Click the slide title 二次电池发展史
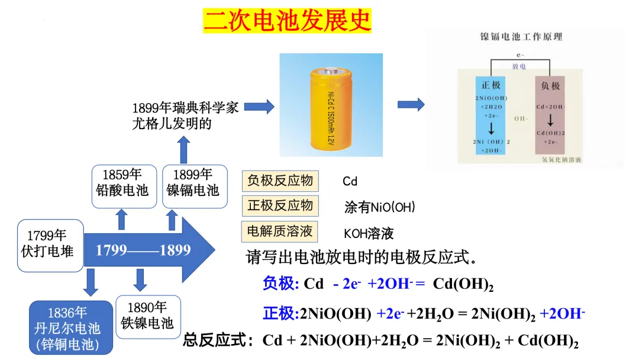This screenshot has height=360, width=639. [287, 21]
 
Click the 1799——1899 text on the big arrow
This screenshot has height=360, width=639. [144, 250]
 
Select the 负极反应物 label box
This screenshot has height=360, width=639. [280, 181]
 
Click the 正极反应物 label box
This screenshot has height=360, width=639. [280, 205]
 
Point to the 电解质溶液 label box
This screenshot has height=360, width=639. [280, 231]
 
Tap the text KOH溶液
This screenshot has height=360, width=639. [369, 233]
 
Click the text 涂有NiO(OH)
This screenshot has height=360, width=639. [380, 207]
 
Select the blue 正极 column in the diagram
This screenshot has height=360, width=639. [491, 115]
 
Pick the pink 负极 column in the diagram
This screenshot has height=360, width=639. [550, 115]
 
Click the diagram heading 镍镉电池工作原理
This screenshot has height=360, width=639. [521, 36]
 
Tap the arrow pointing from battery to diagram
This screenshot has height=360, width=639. [411, 105]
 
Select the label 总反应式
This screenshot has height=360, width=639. [217, 340]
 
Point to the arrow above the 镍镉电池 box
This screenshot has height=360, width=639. [183, 149]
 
